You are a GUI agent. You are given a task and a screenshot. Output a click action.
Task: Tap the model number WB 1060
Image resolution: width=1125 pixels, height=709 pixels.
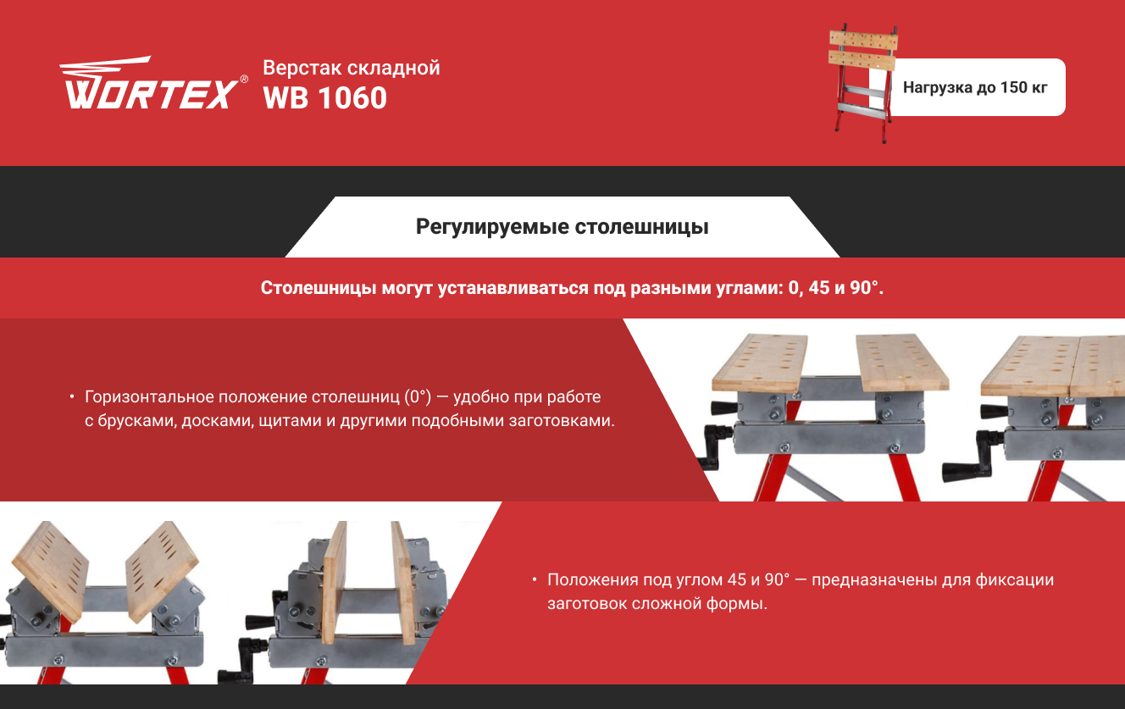point(325,98)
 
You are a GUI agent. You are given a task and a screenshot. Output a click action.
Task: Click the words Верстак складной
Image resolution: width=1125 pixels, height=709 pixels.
point(351,68)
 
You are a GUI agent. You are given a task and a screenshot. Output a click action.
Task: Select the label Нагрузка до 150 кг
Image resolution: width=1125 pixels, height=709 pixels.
point(975,87)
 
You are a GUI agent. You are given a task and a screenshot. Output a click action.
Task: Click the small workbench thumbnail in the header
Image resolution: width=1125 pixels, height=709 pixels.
point(862,83)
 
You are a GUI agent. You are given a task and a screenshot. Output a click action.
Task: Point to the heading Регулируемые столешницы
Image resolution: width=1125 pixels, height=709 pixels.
point(562,226)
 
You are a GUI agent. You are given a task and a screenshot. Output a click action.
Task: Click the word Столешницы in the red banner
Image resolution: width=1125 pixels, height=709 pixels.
point(319,288)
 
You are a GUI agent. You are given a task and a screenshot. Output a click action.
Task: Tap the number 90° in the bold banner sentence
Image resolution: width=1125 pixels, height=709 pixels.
point(863,287)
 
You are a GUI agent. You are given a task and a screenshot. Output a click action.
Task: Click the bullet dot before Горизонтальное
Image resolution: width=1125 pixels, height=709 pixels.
point(72,396)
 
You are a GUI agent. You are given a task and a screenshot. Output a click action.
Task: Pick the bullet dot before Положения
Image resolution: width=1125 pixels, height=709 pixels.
point(535,579)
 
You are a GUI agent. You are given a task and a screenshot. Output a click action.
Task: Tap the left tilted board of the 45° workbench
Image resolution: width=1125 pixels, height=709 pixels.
point(50,571)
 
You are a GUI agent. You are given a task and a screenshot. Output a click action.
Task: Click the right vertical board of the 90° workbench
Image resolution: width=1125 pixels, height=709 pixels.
point(404,583)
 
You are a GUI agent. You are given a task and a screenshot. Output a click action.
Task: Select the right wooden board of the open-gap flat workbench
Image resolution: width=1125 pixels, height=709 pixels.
point(902,362)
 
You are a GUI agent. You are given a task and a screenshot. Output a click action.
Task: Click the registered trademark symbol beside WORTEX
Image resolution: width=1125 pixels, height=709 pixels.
point(244,80)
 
